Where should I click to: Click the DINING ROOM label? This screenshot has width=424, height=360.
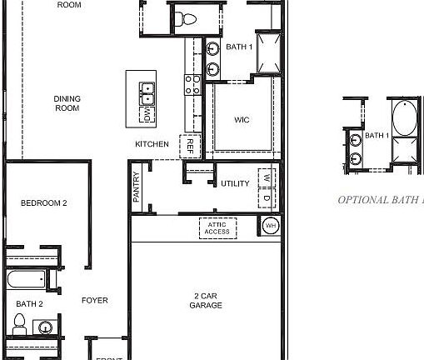click(67, 102)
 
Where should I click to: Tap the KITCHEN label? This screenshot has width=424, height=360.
click(152, 144)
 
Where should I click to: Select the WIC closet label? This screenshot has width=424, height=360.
click(242, 120)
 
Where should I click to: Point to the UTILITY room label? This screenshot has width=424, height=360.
click(235, 183)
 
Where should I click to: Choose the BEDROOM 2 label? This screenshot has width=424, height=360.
click(43, 203)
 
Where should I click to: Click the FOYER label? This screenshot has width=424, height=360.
click(94, 300)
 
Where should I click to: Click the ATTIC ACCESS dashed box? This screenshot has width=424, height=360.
click(217, 227)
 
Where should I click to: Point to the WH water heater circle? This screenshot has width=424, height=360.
click(271, 225)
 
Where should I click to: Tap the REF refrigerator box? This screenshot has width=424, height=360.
click(190, 146)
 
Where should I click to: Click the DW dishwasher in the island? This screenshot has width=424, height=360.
click(147, 114)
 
